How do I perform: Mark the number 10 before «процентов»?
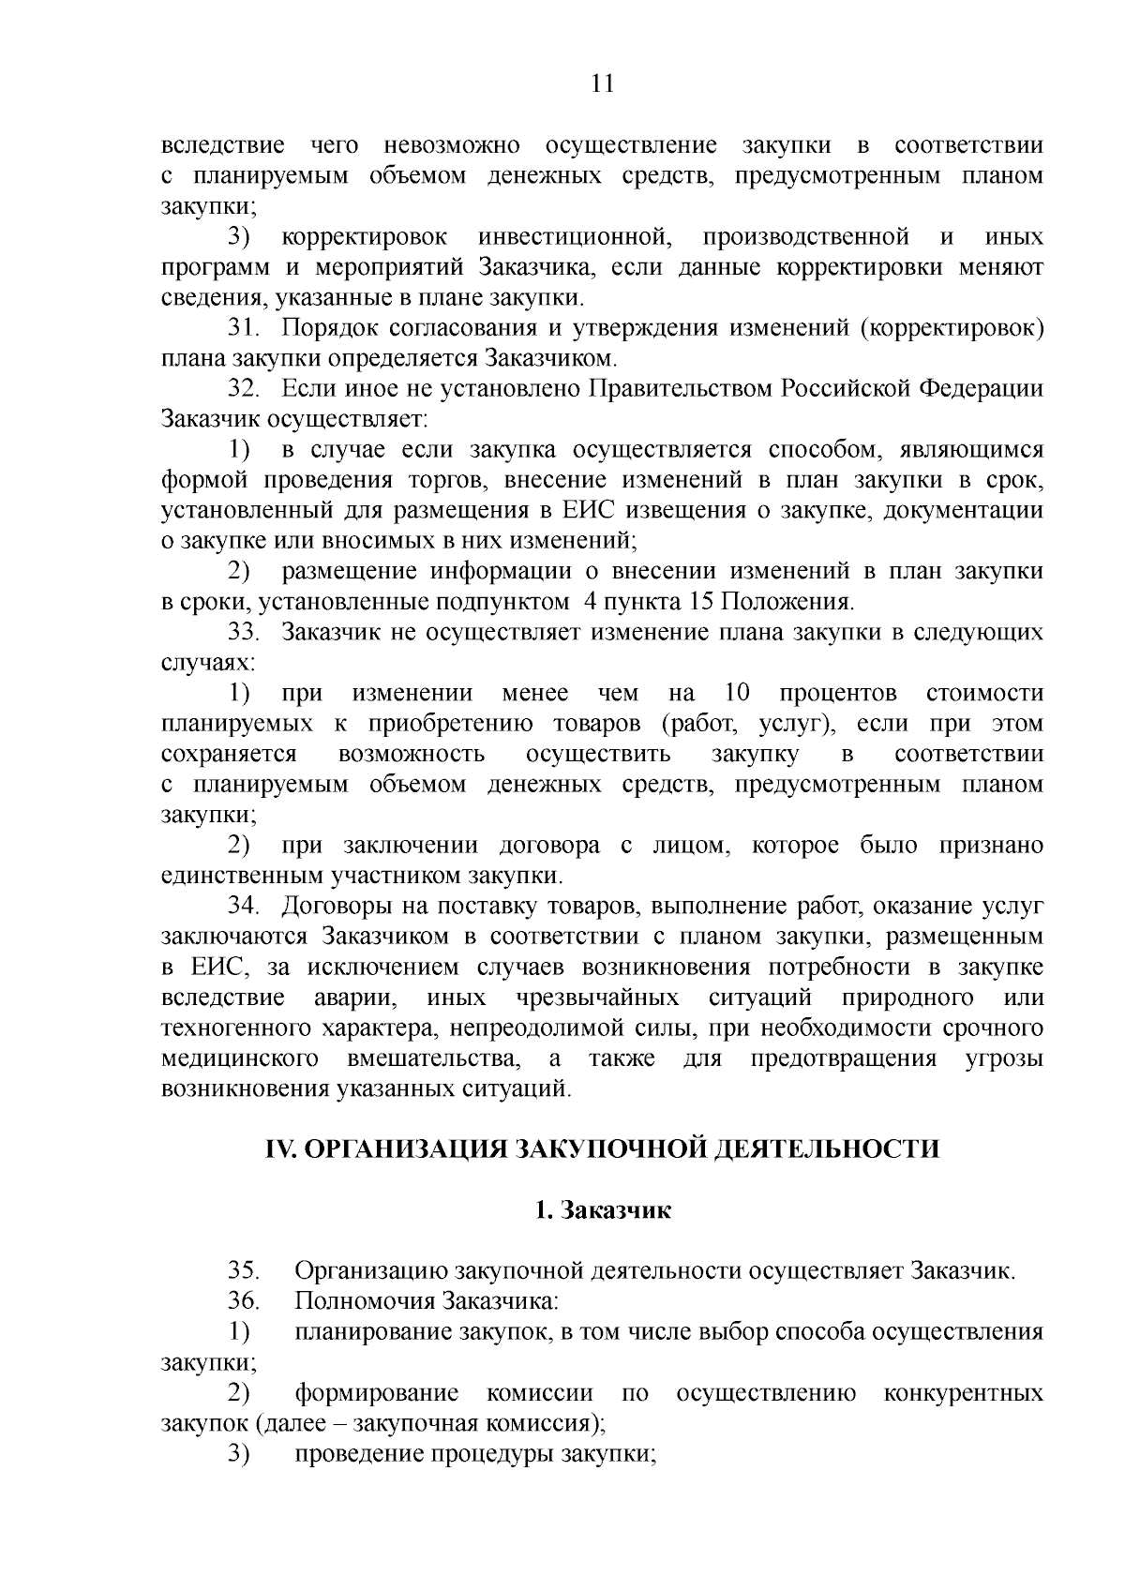pyautogui.click(x=738, y=694)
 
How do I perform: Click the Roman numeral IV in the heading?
pyautogui.click(x=280, y=1149)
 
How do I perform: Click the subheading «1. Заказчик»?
pyautogui.click(x=602, y=1210)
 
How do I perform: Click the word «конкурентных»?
pyautogui.click(x=963, y=1393)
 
